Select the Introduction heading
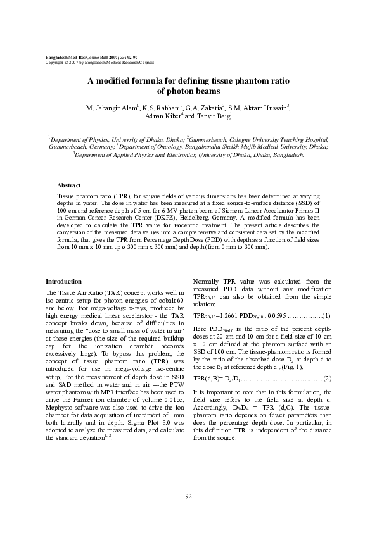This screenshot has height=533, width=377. [x=63, y=281]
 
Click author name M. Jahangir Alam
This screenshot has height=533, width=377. [x=111, y=108]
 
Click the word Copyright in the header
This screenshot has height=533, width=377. [x=53, y=63]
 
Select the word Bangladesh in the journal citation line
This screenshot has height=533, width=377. [x=60, y=58]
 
